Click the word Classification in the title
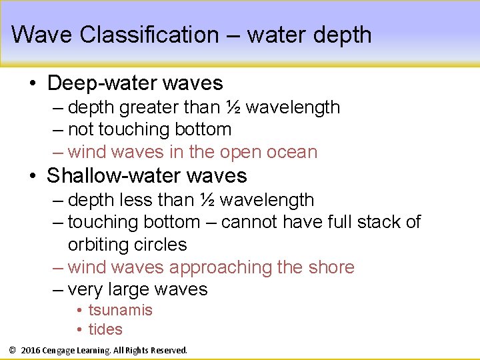coord(149,34)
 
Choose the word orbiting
coord(101,245)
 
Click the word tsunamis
coord(121,310)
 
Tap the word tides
coord(105,329)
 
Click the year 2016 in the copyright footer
coord(31,350)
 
